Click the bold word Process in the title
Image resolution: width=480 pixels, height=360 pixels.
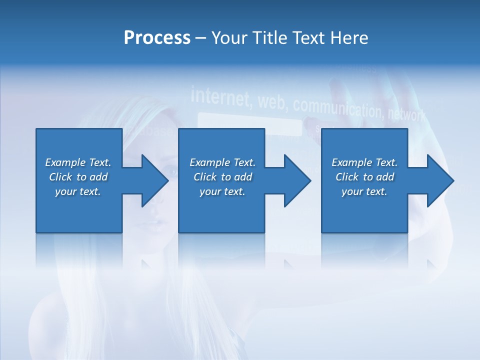157,38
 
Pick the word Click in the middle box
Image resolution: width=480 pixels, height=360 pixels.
205,177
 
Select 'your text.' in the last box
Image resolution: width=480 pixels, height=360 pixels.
364,191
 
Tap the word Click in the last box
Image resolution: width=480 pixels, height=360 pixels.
347,177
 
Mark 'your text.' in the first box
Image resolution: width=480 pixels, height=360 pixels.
78,191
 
